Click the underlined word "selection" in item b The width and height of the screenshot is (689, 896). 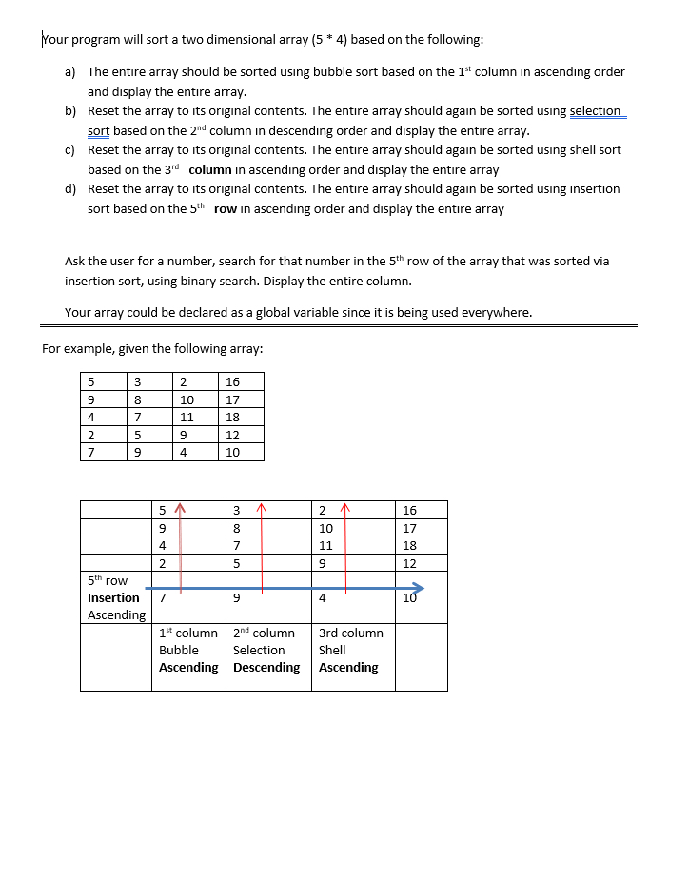595,111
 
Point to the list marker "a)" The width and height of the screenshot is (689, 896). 70,72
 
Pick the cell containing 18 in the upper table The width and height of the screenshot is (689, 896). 232,417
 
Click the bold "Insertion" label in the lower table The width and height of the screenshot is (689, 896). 113,598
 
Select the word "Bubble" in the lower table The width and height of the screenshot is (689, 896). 179,651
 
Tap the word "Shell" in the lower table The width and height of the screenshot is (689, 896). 332,651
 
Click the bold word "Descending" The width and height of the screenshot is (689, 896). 266,668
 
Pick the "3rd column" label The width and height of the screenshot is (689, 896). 351,633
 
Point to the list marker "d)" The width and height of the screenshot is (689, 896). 70,189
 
